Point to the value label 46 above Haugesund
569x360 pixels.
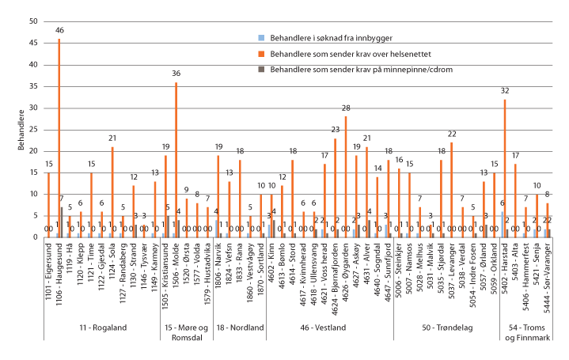(x=59, y=29)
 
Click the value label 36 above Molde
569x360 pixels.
(x=176, y=74)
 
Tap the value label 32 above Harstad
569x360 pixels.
(x=504, y=91)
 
